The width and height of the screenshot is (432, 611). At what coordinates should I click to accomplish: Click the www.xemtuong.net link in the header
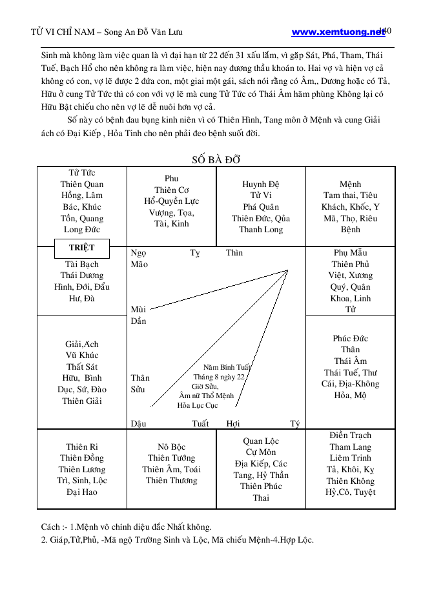click(x=338, y=32)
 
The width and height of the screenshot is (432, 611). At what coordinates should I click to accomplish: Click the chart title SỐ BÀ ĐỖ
click(x=216, y=160)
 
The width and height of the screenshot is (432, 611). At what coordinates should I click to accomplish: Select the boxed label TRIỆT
click(x=82, y=248)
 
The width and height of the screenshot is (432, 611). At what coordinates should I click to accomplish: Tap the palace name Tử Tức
click(x=82, y=173)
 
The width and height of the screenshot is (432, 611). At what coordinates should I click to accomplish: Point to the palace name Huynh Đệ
click(x=261, y=185)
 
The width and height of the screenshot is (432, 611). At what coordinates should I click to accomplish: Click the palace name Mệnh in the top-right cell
click(x=350, y=185)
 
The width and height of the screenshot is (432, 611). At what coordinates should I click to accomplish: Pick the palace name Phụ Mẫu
click(x=350, y=253)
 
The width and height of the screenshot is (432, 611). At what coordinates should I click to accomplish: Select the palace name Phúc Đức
click(x=350, y=338)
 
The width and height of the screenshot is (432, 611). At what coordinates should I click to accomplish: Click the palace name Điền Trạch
click(x=350, y=436)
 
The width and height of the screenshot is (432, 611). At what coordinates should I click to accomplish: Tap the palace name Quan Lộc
click(x=261, y=441)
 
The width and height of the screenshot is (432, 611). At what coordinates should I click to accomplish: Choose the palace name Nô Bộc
click(x=171, y=446)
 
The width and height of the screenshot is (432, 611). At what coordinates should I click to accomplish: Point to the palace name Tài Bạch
click(x=82, y=265)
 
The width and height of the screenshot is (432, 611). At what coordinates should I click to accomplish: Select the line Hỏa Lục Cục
click(x=198, y=405)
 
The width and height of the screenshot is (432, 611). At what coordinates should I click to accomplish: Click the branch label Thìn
click(x=234, y=253)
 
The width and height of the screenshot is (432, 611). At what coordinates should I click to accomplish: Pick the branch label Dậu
click(x=138, y=424)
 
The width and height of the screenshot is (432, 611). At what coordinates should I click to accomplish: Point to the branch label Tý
click(x=294, y=424)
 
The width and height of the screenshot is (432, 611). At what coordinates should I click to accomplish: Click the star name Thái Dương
click(x=82, y=275)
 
